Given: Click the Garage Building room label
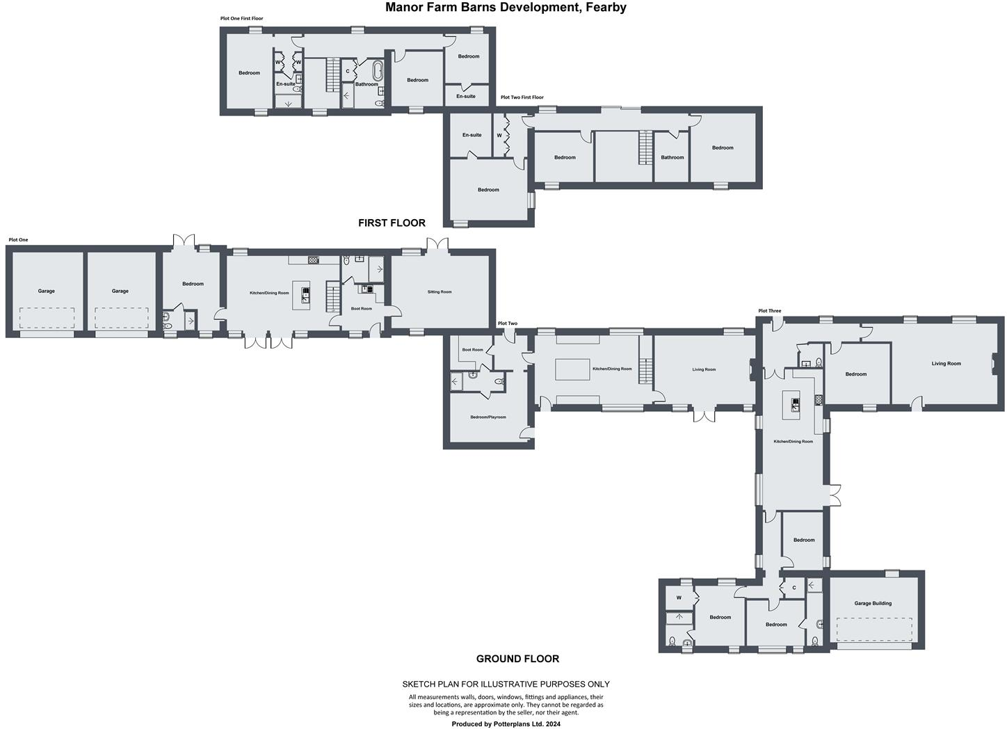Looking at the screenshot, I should (x=872, y=603).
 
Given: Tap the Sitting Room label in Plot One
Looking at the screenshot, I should (x=440, y=292).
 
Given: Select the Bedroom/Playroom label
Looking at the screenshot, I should (x=488, y=417).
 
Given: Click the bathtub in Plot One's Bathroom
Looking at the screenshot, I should (x=377, y=72).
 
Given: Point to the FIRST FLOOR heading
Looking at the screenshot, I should (x=392, y=223).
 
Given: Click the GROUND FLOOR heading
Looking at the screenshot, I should (x=517, y=659).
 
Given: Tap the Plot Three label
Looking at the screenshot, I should (x=769, y=311).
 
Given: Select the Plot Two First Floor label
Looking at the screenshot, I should (x=522, y=97).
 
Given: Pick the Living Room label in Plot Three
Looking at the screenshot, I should (x=946, y=363).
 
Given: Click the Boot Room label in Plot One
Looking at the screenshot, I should (x=361, y=308).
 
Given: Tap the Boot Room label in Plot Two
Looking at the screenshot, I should (x=472, y=350).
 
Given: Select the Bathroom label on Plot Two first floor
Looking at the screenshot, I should (x=672, y=157).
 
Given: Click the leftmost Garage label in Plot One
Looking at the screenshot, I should (x=46, y=291).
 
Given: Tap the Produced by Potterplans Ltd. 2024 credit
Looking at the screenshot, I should (x=506, y=723).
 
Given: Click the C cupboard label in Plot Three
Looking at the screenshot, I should (x=793, y=588).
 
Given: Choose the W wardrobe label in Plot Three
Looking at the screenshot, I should (x=679, y=598).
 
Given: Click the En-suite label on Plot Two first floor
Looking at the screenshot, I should (x=472, y=135).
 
